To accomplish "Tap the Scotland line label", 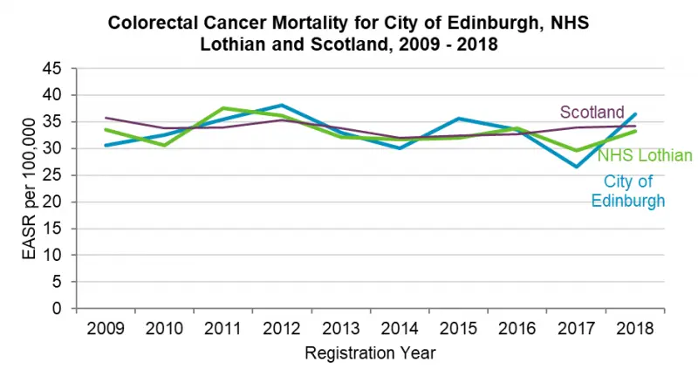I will coord(592,112).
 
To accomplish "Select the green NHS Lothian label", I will coord(645,155).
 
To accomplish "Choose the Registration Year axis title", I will coord(370,353).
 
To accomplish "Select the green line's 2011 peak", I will coord(222,107).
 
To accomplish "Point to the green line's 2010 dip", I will coord(163,145).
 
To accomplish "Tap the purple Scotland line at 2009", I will coord(104,118).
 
